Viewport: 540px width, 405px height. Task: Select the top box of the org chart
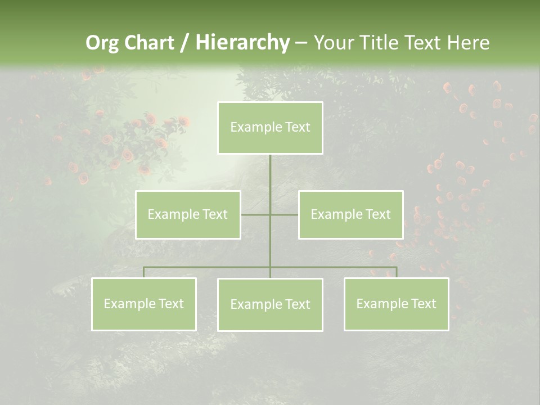(x=270, y=128)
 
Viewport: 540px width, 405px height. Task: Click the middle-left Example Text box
(x=188, y=214)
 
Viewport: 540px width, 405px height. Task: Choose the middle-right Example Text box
(x=350, y=214)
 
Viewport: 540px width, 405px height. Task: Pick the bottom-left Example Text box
(x=144, y=304)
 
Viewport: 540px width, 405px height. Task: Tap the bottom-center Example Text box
(x=270, y=304)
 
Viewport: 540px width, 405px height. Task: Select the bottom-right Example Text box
(x=396, y=304)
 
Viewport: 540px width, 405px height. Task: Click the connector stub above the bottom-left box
(x=144, y=272)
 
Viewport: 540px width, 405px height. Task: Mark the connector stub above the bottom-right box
(x=397, y=272)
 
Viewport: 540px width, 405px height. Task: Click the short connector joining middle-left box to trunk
(x=255, y=214)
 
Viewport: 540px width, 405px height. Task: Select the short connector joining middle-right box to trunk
(x=285, y=214)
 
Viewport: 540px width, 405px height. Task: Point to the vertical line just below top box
(x=270, y=169)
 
